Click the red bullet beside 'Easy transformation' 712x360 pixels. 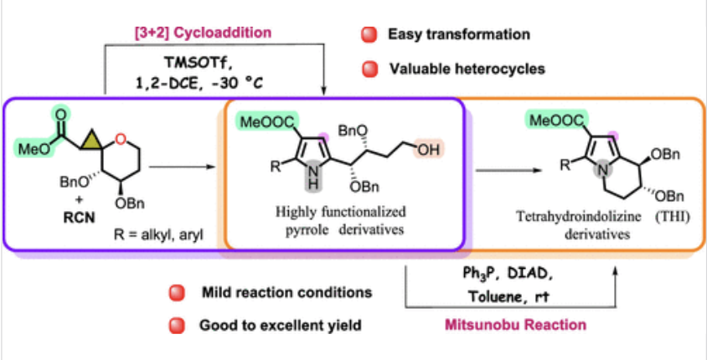click(x=366, y=35)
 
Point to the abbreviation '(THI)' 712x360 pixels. click(x=668, y=220)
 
